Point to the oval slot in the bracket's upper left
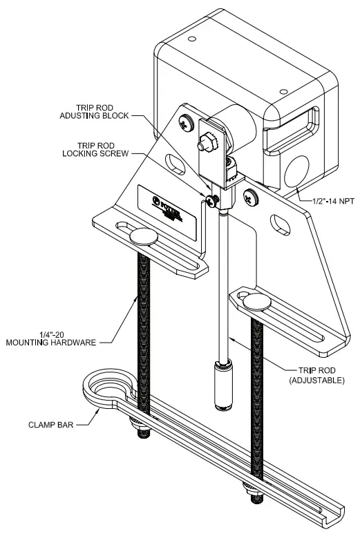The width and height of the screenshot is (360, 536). (x=176, y=166)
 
